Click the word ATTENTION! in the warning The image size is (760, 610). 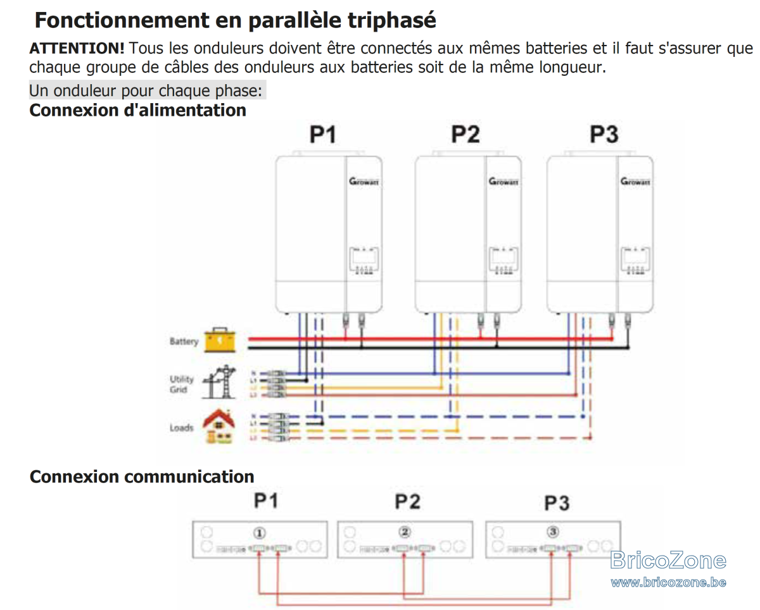pos(77,49)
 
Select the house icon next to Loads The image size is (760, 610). pos(218,426)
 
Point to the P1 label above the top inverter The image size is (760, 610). pos(322,135)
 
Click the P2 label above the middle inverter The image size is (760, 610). pos(465,135)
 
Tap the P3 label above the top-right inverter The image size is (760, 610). pos(604,135)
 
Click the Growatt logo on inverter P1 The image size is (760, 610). pos(364,182)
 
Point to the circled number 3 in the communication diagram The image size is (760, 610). pos(553,532)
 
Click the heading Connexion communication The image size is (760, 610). pos(142,476)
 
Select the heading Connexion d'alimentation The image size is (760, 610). pos(138,110)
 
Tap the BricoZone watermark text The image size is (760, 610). pos(668,561)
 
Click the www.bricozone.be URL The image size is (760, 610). pos(668,582)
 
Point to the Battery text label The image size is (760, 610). pos(184,342)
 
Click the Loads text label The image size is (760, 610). pos(181,428)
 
